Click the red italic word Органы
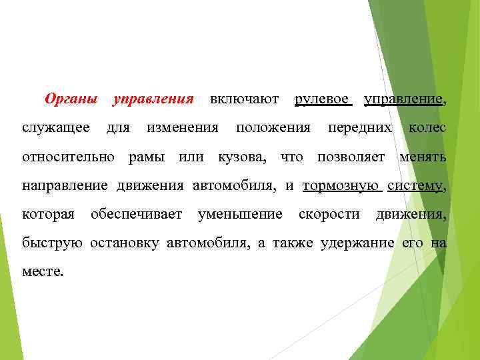tap(70, 99)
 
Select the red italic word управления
tap(153, 99)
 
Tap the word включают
tap(244, 99)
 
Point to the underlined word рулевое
tap(323, 99)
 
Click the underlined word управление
tap(403, 99)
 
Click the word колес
tap(427, 127)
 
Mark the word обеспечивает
tap(137, 215)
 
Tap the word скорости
tap(329, 215)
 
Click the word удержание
tap(357, 243)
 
